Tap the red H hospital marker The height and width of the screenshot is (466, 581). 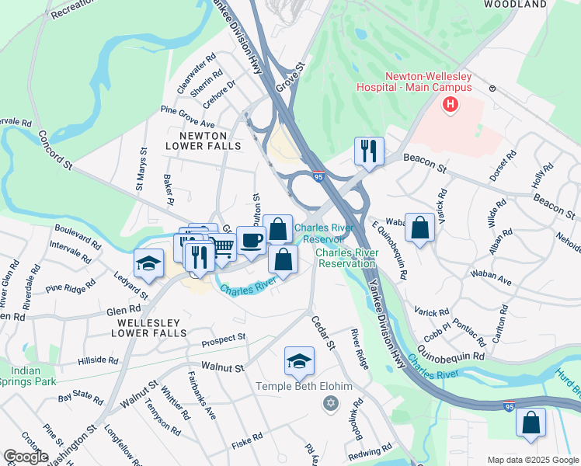click(x=449, y=105)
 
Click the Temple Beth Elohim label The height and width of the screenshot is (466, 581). click(x=304, y=387)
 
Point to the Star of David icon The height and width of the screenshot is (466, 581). click(x=331, y=403)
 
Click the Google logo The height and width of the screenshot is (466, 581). click(x=26, y=457)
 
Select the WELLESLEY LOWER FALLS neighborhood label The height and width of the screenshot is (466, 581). click(x=149, y=327)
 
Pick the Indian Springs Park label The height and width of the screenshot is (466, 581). click(x=28, y=377)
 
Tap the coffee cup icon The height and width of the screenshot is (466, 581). click(x=250, y=239)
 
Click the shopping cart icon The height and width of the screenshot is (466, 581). click(x=222, y=246)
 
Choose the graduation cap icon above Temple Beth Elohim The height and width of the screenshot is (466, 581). click(x=299, y=360)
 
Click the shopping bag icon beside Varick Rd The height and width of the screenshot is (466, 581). click(x=419, y=228)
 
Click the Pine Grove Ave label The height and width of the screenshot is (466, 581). click(x=187, y=117)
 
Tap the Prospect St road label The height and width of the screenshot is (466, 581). click(x=223, y=339)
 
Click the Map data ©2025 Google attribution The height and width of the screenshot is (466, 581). click(x=532, y=460)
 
